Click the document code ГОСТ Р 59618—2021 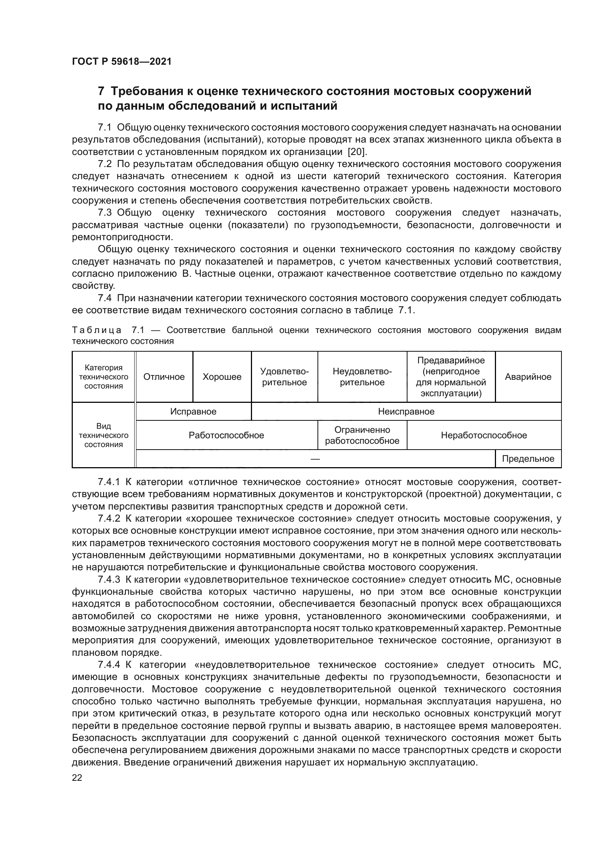coord(122,62)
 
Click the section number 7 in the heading coord(101,91)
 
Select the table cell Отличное coord(164,377)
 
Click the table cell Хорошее coord(222,377)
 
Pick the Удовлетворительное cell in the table coord(284,377)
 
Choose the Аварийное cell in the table coord(528,377)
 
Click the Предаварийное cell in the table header coord(451,377)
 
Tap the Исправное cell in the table coord(193,412)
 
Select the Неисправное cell coord(406,412)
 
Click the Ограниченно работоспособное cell coord(362,435)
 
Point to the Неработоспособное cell coord(484,435)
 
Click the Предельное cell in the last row coord(528,459)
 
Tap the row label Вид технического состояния coord(104,435)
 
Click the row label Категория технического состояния coord(104,377)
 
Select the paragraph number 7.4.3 coord(109,580)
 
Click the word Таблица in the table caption coord(97,330)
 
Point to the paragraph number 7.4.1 coord(109,482)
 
